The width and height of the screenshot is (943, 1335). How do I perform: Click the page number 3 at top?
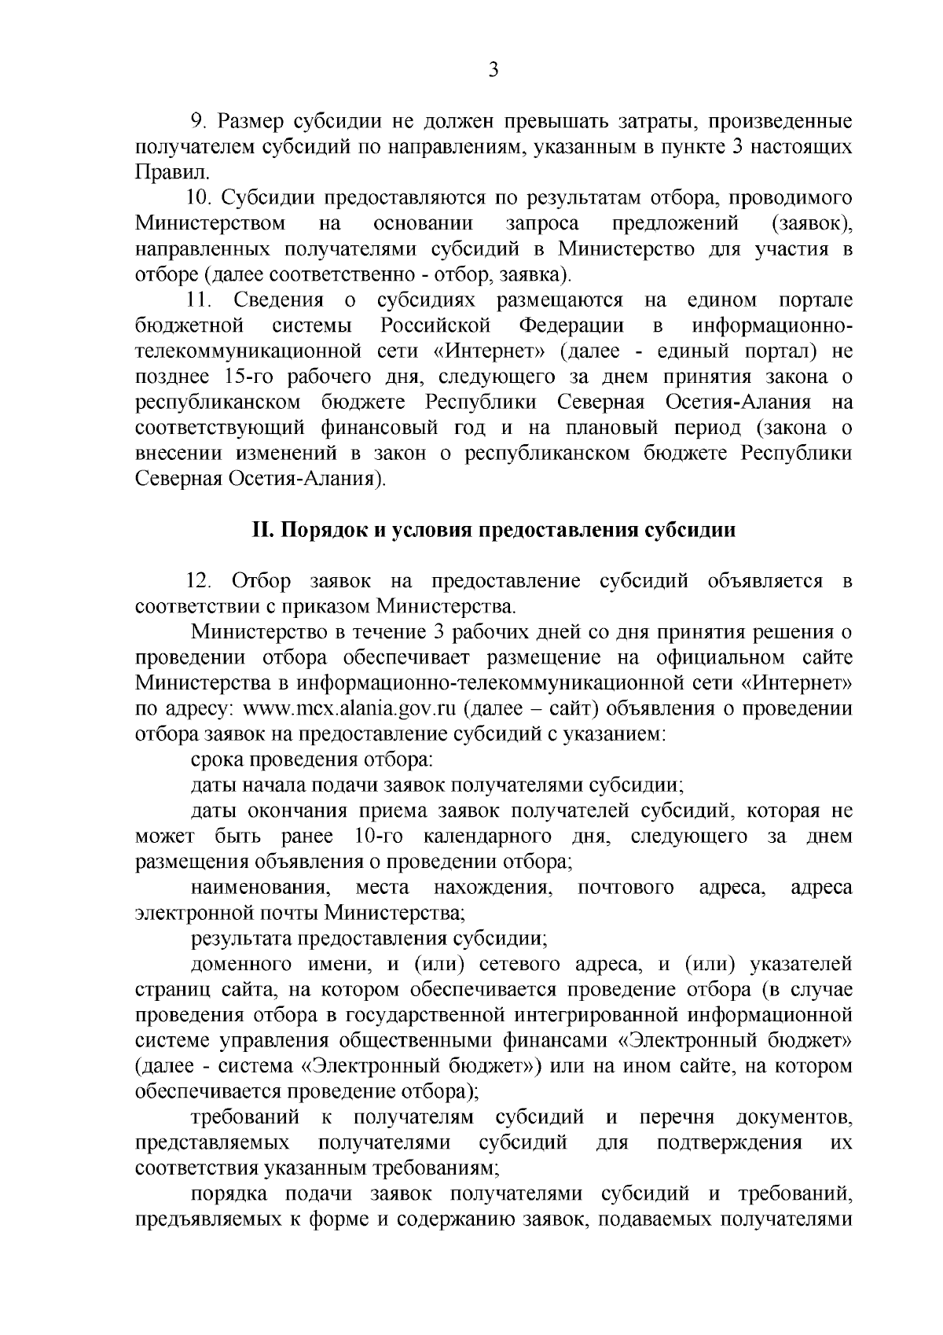494,70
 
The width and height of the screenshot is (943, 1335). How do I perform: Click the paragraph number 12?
198,581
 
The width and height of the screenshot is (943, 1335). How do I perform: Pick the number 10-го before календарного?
380,837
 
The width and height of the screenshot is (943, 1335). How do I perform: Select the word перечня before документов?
677,1118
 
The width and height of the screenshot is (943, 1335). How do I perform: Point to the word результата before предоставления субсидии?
240,939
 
